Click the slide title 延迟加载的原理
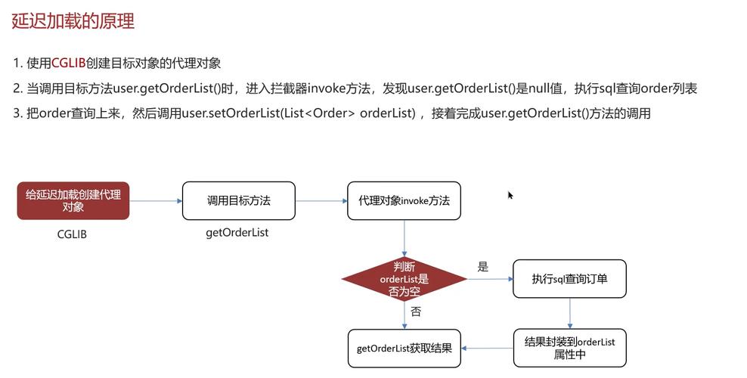coord(73,21)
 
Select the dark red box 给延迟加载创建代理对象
coord(73,200)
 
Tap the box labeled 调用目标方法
coord(238,200)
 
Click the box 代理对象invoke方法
coord(404,200)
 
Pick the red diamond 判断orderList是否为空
coord(404,279)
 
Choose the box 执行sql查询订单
coord(569,279)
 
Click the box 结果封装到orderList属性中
coord(569,348)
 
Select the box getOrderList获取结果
coord(404,349)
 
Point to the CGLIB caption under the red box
coord(73,234)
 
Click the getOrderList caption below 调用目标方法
coord(237,233)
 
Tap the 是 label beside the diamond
coord(483,267)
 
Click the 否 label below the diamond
coord(416,311)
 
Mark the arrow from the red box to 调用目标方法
coord(155,201)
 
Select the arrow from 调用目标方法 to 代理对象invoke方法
coord(321,201)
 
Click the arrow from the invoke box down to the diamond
coord(404,238)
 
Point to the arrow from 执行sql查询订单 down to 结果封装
coord(569,313)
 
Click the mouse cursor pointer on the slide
coord(510,195)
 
